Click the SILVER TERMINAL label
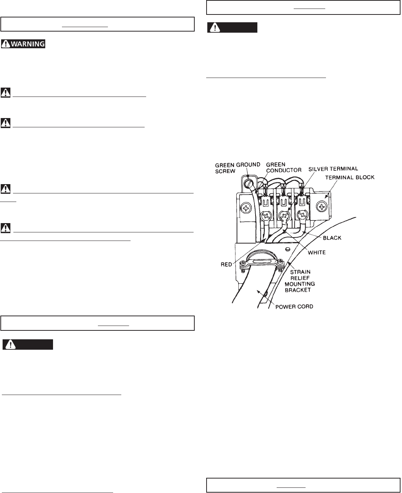click(x=333, y=169)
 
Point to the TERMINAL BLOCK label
click(x=350, y=177)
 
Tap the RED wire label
click(x=226, y=264)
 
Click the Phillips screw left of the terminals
click(x=246, y=208)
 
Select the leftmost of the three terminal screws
click(x=266, y=215)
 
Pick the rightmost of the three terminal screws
click(x=302, y=214)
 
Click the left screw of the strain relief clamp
click(x=243, y=264)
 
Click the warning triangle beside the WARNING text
click(x=5, y=44)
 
